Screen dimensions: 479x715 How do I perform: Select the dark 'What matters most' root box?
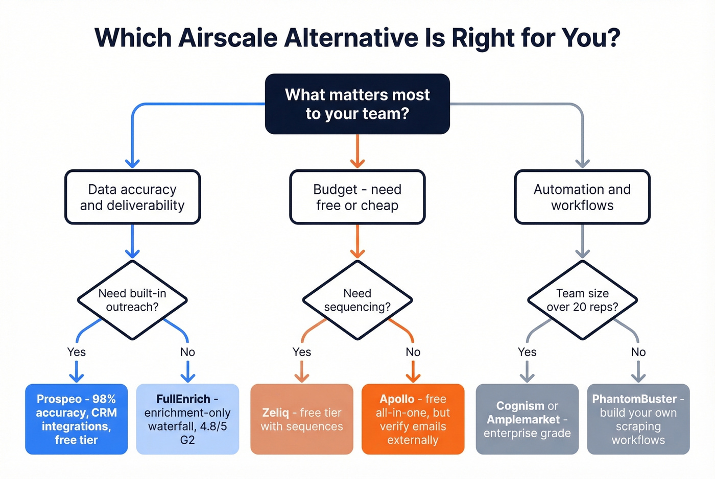coord(357,104)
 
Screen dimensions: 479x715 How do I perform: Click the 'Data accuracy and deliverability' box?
coord(132,197)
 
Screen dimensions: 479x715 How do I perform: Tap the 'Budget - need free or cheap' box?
coord(357,197)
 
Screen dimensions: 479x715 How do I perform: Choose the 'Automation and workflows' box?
coord(582,197)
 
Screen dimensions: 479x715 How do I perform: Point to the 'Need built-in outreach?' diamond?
coord(132,300)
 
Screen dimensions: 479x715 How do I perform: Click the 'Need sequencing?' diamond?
coord(357,300)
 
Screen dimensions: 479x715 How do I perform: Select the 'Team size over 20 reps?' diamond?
coord(582,300)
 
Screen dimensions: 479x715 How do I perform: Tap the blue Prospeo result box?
coord(77,419)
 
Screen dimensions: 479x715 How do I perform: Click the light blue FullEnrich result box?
coord(187,419)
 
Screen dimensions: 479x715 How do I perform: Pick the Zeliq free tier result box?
coord(302,419)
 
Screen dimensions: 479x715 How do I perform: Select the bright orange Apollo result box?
coord(413,419)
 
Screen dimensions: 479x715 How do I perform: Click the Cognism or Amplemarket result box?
coord(527,419)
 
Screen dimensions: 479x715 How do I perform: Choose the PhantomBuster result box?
coord(638,419)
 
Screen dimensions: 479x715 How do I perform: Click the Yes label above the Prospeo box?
coord(77,352)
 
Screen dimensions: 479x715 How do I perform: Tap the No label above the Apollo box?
coord(413,352)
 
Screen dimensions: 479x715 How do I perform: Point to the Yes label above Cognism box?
coord(527,352)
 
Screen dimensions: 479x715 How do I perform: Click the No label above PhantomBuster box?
coord(638,352)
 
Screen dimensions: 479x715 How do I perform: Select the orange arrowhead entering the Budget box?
coord(357,163)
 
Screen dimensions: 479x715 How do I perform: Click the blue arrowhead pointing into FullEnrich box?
coord(187,377)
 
